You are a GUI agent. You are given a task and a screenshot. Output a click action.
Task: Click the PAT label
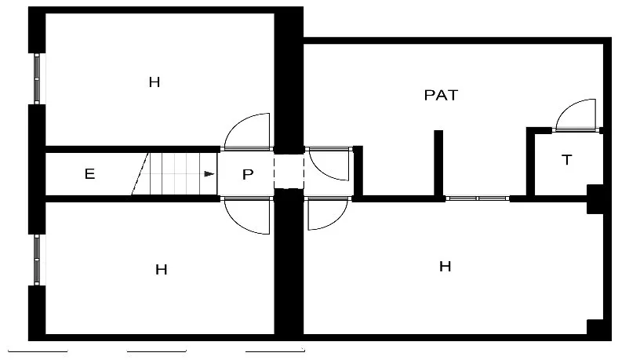tap(441, 95)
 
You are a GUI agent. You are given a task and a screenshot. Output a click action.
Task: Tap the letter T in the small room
tap(566, 159)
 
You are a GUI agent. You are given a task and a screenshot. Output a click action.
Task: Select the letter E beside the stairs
tap(89, 174)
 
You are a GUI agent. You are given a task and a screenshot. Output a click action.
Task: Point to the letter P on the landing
tap(248, 174)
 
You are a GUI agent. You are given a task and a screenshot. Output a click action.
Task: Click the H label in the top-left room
tap(155, 82)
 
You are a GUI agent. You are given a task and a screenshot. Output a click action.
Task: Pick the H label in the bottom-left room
tap(162, 269)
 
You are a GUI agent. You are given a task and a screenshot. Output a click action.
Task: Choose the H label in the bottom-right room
tap(445, 267)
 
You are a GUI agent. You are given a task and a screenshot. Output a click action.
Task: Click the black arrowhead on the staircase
tap(209, 174)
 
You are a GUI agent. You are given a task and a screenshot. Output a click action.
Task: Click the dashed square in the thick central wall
tap(289, 172)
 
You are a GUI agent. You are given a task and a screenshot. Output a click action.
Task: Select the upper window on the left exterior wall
tap(37, 78)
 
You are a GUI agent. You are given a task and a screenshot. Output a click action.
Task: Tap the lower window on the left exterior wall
tap(37, 260)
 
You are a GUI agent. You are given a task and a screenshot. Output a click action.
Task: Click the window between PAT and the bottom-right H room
tap(478, 198)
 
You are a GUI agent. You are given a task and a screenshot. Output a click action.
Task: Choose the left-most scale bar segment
tap(38, 351)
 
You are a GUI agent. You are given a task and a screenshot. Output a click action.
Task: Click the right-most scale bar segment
tap(275, 351)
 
